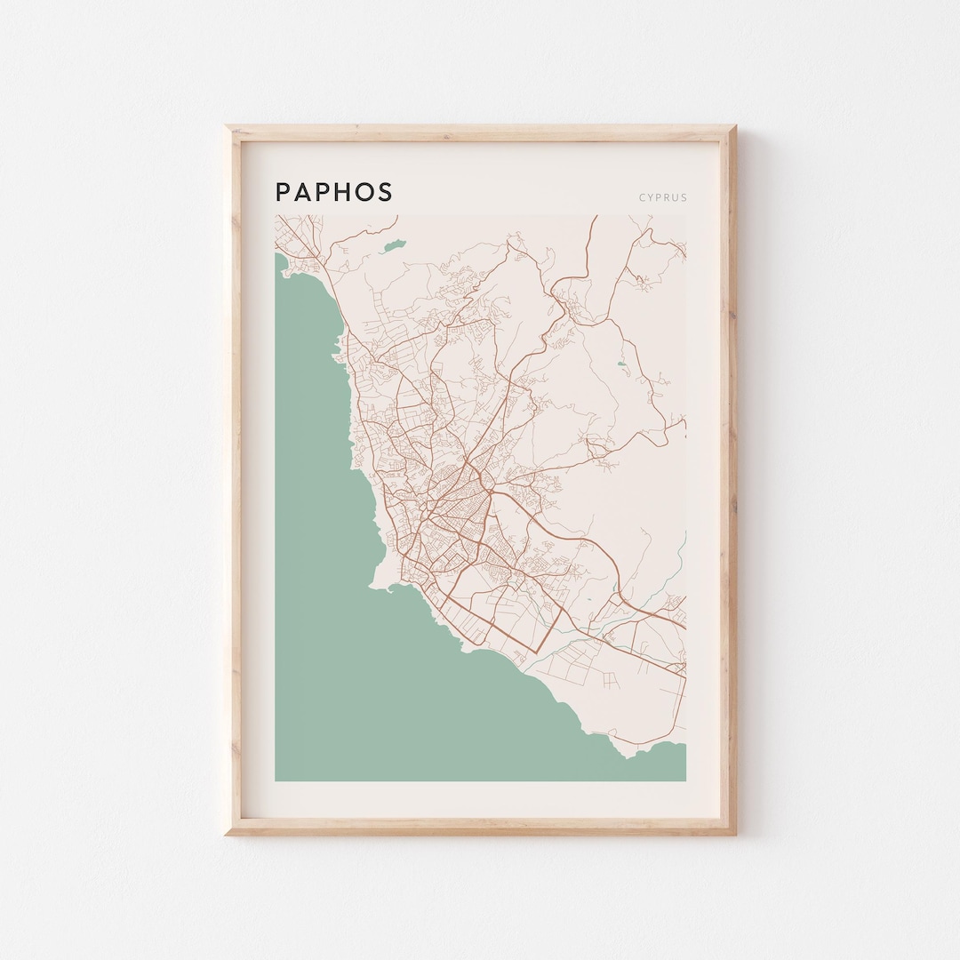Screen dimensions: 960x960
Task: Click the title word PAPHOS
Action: click(333, 192)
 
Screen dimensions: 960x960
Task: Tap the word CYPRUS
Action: click(662, 197)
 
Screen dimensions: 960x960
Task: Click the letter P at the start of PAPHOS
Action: click(283, 192)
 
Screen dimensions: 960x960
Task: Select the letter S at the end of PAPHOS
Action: click(385, 192)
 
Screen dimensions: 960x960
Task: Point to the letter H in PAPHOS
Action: click(341, 192)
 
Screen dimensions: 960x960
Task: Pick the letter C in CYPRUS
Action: click(642, 197)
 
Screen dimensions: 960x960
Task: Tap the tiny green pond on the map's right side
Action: click(620, 364)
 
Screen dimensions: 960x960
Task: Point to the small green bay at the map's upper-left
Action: click(282, 263)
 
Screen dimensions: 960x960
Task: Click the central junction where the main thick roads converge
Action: click(464, 462)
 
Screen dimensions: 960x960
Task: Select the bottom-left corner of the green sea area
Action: click(277, 779)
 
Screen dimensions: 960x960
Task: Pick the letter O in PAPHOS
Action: click(364, 192)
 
